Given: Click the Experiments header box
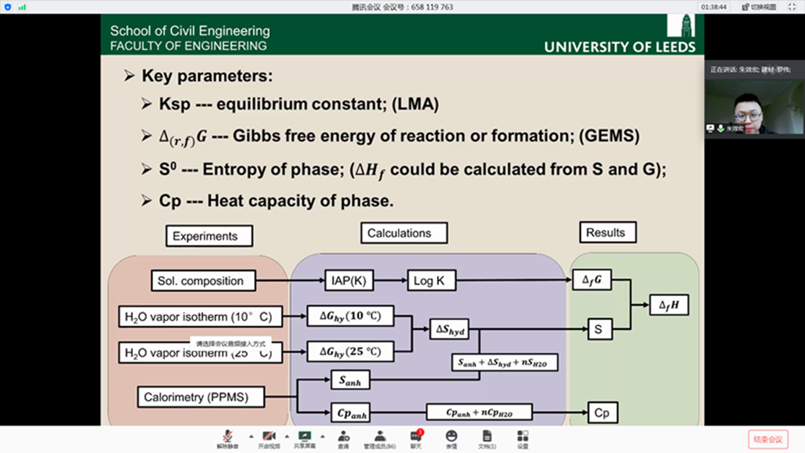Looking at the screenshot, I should tap(209, 236).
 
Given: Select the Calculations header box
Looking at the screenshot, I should tap(404, 233).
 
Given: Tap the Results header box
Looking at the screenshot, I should tap(608, 233).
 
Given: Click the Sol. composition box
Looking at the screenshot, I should tap(203, 281).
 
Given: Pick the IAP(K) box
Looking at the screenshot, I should tap(349, 281).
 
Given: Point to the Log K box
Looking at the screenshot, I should tap(431, 281).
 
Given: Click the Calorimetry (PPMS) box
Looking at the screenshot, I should tap(200, 397).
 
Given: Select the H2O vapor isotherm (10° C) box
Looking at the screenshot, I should tap(200, 317).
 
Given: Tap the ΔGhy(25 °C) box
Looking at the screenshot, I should tap(350, 352).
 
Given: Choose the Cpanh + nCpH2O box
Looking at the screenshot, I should tap(479, 413).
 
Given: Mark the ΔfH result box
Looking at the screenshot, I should tap(669, 305).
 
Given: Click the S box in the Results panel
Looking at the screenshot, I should tap(599, 330).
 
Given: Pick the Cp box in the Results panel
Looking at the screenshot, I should tap(602, 413).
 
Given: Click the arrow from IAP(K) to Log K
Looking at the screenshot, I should tap(390, 280).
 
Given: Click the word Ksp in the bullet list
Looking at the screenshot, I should tap(175, 104).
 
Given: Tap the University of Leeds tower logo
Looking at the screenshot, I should tap(681, 25).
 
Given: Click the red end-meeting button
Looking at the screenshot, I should tap(768, 439).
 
